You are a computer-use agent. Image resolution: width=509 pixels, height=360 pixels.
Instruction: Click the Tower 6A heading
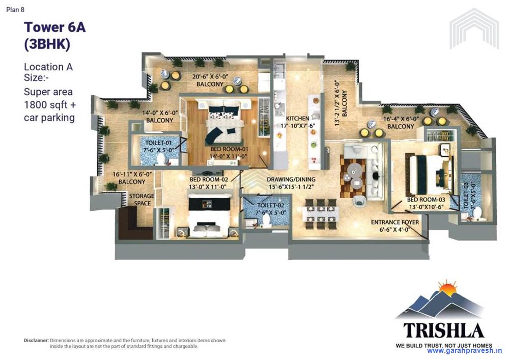tap(54, 27)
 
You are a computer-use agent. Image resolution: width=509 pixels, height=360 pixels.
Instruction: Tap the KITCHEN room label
tap(297, 118)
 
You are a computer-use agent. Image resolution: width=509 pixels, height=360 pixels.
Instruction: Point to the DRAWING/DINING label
tap(291, 179)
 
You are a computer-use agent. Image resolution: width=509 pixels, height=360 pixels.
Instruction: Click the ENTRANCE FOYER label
tap(394, 223)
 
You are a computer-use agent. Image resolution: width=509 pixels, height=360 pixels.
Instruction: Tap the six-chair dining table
tap(320, 210)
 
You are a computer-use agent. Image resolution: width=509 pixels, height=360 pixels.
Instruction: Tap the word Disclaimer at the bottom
tap(36, 340)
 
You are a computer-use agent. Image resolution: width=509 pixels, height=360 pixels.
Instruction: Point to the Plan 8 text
tap(15, 9)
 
